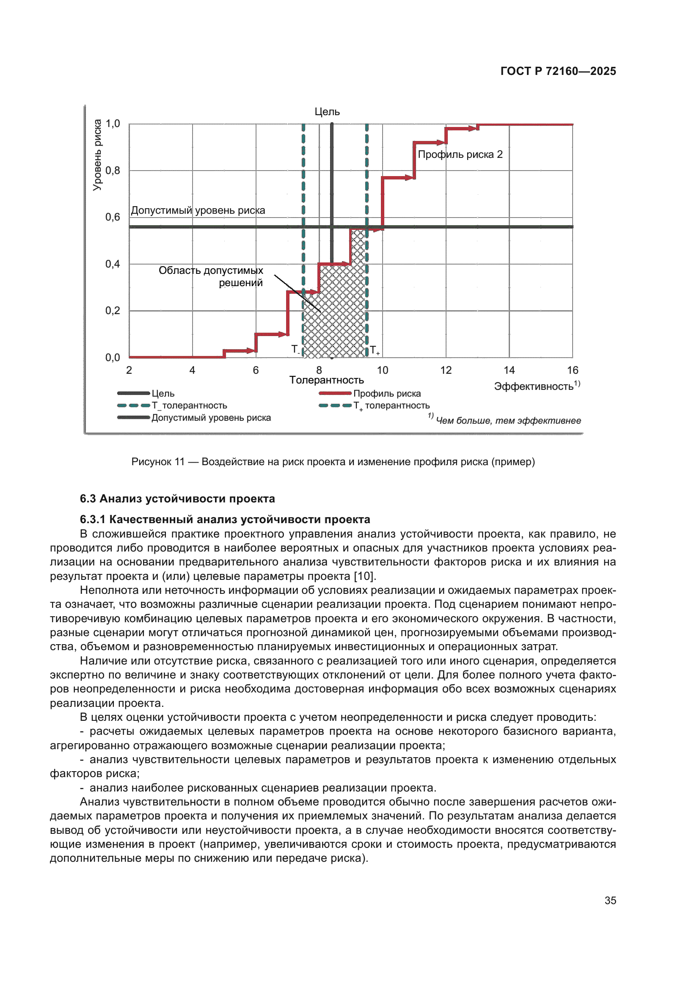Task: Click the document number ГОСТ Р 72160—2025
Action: coord(558,71)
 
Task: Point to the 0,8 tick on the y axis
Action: coord(113,171)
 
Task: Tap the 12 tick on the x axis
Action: coord(446,370)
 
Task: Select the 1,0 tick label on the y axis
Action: coord(113,124)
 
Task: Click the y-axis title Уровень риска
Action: coord(98,155)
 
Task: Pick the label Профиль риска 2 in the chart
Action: coord(460,154)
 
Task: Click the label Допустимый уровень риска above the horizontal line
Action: coord(198,210)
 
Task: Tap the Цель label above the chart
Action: coord(327,112)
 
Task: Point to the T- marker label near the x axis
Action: coord(295,349)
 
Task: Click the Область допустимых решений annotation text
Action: coord(211,276)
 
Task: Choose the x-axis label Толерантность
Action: coord(326,380)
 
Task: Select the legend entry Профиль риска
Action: coord(387,393)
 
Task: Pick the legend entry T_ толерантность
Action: coord(189,405)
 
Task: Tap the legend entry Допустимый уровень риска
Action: coord(211,417)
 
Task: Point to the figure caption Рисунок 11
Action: coord(333,462)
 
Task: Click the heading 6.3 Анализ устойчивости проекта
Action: coord(177,499)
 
